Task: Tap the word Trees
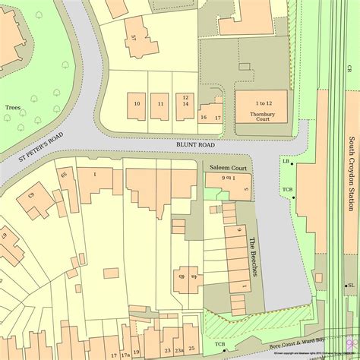click(x=12, y=108)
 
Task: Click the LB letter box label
click(x=286, y=162)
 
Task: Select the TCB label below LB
click(x=287, y=189)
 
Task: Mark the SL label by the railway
click(x=352, y=286)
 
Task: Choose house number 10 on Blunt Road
click(x=137, y=103)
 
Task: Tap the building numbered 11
click(x=160, y=103)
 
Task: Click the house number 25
click(x=191, y=349)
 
